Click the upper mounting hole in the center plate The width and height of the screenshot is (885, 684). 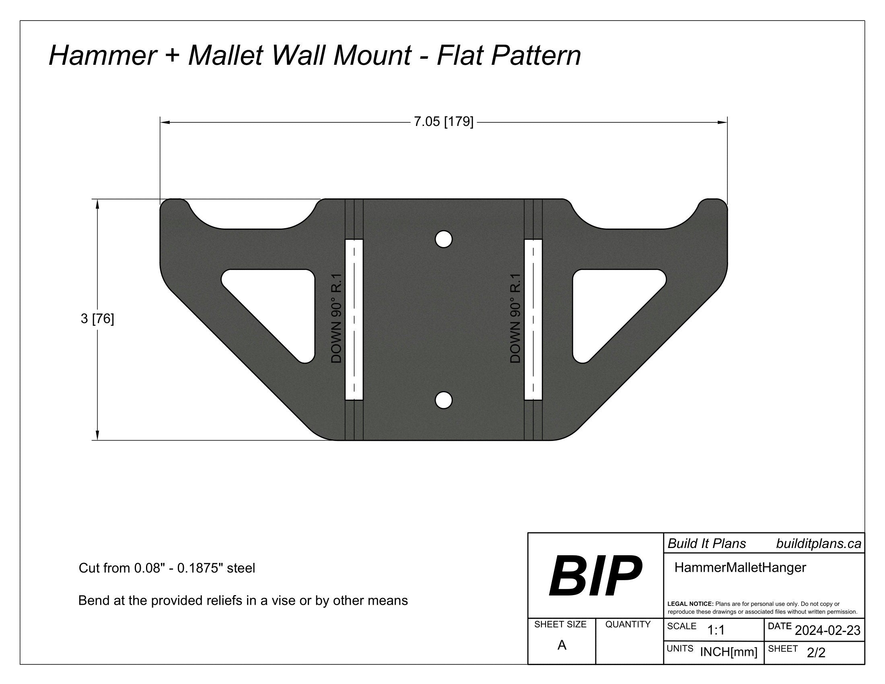pos(444,239)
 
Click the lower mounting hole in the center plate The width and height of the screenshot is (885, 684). pos(444,400)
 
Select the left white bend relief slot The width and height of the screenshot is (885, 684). pos(354,320)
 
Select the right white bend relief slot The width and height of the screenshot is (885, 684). pos(533,320)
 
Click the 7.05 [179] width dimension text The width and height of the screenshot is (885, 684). pos(443,122)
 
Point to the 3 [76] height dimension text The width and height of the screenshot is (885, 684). pos(97,319)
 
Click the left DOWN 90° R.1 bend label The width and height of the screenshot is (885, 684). pos(337,319)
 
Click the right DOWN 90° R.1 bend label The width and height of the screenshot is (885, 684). pos(515,319)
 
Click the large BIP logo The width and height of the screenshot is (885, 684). pos(595,576)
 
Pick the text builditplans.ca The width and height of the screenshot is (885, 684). pos(819,544)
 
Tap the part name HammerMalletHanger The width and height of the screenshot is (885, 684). pos(740,568)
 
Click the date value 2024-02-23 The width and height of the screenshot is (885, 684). pos(827,630)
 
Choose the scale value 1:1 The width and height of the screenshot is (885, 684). pos(716,630)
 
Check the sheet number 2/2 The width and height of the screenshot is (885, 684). pos(816,653)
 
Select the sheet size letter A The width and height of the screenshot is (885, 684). pos(562,645)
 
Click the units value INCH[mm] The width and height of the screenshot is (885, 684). pos(729,652)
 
